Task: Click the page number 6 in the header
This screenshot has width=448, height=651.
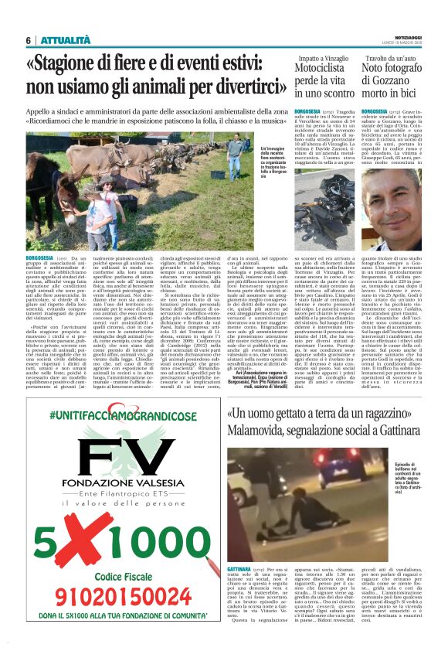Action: pyautogui.click(x=28, y=40)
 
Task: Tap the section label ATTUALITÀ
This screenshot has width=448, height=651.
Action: pyautogui.click(x=65, y=40)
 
